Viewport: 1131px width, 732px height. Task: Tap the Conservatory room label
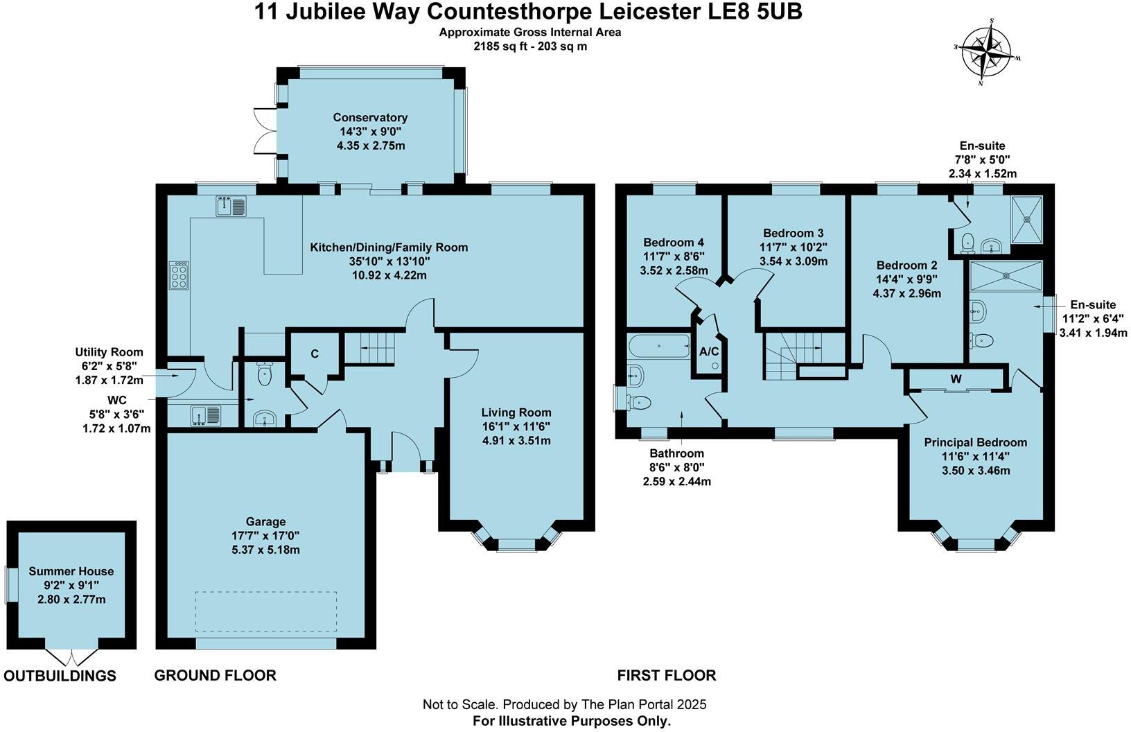[x=370, y=117]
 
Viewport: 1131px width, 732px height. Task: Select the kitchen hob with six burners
[x=179, y=274]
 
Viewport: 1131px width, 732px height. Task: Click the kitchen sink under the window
[x=231, y=206]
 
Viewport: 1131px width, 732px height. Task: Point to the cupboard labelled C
[x=314, y=354]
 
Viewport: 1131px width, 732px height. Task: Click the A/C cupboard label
[x=709, y=352]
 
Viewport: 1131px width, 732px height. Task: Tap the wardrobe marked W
[x=956, y=379]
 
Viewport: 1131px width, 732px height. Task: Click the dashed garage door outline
[x=266, y=611]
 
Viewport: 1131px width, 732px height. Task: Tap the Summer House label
[x=71, y=571]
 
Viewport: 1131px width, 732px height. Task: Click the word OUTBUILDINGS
[x=60, y=676]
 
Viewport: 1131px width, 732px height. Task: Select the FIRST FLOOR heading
[x=667, y=675]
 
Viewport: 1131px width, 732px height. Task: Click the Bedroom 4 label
[x=674, y=242]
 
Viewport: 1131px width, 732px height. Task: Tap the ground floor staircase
[x=371, y=347]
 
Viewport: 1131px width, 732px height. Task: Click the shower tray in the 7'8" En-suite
[x=1027, y=219]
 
